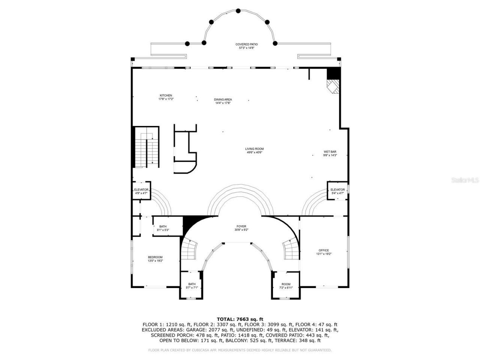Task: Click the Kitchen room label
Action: (x=166, y=97)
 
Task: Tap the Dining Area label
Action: (x=223, y=101)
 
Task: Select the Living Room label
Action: (x=254, y=150)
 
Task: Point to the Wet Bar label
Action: (x=330, y=153)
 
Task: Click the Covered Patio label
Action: (x=246, y=46)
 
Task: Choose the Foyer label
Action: (x=241, y=228)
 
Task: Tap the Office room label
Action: (x=324, y=252)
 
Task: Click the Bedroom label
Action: (x=155, y=259)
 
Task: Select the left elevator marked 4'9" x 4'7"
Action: (x=141, y=191)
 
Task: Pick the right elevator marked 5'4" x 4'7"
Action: (x=337, y=191)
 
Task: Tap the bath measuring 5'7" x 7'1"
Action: (x=192, y=286)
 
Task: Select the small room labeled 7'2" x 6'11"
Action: (x=286, y=286)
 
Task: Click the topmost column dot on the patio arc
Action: (x=238, y=11)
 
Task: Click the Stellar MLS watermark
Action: (x=465, y=180)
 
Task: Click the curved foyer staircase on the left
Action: (x=190, y=249)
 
